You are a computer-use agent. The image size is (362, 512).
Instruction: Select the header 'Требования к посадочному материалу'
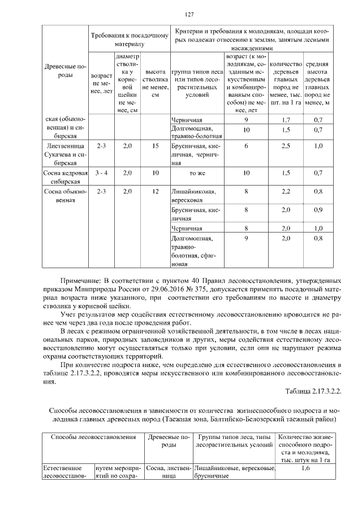130,39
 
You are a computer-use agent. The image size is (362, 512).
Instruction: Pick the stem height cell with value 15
156,146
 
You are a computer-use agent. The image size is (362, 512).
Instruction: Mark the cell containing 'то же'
196,172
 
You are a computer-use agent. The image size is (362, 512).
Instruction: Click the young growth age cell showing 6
246,146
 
